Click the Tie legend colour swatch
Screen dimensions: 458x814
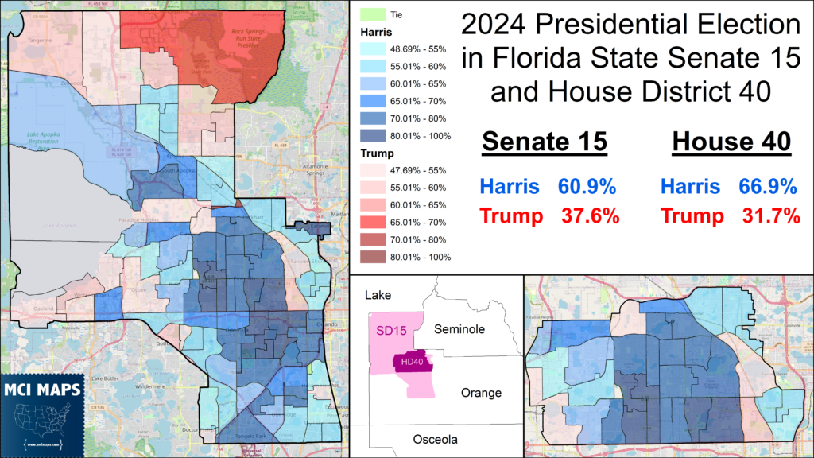coord(371,14)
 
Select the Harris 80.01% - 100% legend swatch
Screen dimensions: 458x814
coord(371,135)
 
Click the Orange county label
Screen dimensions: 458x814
coord(481,393)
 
